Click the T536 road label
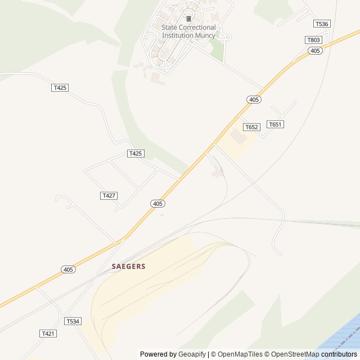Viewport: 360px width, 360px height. click(321, 24)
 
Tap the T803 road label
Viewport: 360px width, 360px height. click(313, 40)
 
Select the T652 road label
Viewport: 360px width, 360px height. click(251, 127)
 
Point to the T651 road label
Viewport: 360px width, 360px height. click(274, 124)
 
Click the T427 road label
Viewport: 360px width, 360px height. click(109, 195)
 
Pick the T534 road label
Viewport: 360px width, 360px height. click(73, 321)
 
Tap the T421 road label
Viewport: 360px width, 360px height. click(48, 334)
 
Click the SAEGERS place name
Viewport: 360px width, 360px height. click(128, 266)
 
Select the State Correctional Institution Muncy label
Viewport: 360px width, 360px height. click(188, 31)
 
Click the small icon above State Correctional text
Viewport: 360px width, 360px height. click(188, 19)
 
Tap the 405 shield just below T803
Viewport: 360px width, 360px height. click(315, 51)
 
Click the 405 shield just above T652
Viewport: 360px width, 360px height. click(254, 100)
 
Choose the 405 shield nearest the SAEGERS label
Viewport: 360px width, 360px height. click(69, 269)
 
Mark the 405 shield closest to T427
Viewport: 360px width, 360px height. click(158, 203)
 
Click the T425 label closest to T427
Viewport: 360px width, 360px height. click(136, 154)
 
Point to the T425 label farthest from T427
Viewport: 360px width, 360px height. click(60, 88)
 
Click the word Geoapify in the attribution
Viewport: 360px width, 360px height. click(192, 354)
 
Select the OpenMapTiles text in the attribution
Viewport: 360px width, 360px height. click(240, 354)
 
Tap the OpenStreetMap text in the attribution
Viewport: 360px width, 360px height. click(298, 354)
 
